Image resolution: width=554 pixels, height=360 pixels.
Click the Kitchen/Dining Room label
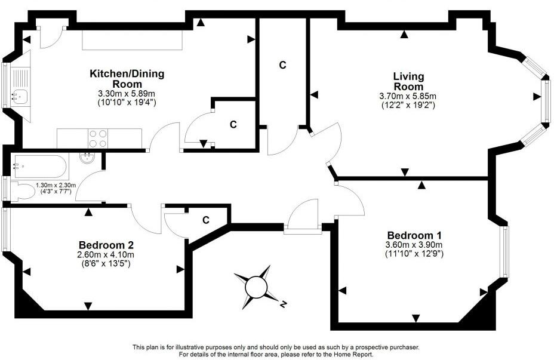[127, 79]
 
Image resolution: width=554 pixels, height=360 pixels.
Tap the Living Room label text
[408, 81]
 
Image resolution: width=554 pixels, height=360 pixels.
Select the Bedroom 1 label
[414, 235]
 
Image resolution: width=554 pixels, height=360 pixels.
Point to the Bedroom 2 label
[106, 245]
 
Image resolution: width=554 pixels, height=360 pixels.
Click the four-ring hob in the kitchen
[97, 139]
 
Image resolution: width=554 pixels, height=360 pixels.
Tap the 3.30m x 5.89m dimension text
[126, 94]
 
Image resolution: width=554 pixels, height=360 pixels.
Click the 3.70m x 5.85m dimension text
[408, 96]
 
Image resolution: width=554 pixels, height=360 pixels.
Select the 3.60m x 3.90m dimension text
[414, 245]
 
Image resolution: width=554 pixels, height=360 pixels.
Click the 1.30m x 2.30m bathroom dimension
[56, 185]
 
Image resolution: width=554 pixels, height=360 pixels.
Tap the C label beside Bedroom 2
[205, 220]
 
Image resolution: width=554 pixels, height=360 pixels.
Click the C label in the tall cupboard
[282, 64]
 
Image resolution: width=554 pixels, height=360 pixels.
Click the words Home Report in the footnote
[355, 354]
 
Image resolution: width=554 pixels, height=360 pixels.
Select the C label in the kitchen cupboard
[233, 125]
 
